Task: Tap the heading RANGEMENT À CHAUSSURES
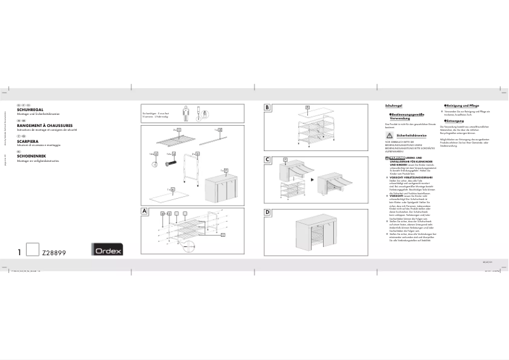45,126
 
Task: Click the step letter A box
145,211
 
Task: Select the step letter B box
268,108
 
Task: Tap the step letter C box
268,159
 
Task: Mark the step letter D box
268,212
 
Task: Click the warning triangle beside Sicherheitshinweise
389,137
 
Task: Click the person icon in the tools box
185,114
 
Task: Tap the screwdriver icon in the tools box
200,114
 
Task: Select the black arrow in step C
312,180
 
